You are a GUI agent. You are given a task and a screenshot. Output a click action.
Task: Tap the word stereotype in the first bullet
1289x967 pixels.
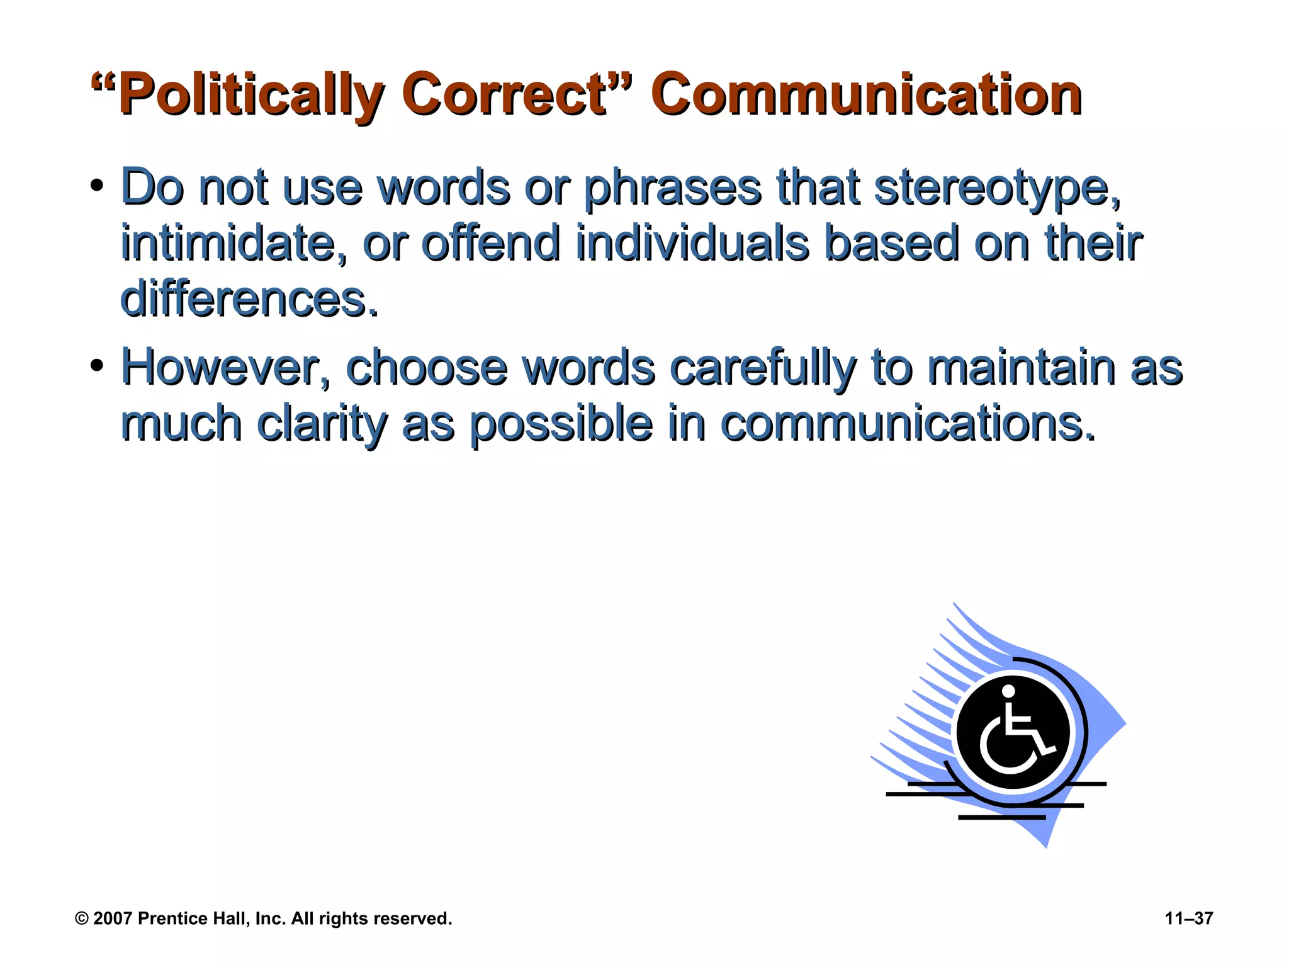[x=998, y=188]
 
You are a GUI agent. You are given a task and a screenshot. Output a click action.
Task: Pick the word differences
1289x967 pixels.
[x=249, y=299]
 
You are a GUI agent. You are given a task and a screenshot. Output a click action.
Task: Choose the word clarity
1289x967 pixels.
[x=322, y=424]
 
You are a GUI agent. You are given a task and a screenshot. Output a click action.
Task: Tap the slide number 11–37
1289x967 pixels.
[x=1189, y=919]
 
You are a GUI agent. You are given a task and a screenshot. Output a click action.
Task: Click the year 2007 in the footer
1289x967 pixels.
[x=113, y=919]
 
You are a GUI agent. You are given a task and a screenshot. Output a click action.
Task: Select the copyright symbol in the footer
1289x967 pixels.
[x=82, y=919]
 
